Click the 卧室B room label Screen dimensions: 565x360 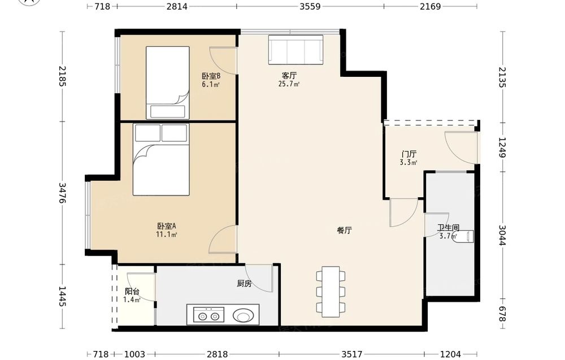pos(211,76)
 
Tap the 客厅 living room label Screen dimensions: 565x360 pos(289,76)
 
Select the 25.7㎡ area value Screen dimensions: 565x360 pos(289,84)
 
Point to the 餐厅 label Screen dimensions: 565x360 pos(344,230)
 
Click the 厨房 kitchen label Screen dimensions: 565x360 pos(244,284)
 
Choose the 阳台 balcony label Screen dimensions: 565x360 pos(132,292)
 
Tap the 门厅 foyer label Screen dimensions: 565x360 pos(408,154)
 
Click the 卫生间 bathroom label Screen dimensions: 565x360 pos(448,228)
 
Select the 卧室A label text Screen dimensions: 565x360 pos(166,226)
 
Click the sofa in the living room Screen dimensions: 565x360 pos(295,50)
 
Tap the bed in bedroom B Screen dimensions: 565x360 pos(168,83)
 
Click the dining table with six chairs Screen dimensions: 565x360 pos(331,292)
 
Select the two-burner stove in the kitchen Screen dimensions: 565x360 pos(208,315)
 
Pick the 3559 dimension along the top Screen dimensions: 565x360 pos(310,6)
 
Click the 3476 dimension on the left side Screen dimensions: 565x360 pos(63,193)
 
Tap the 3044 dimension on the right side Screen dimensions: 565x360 pos(502,235)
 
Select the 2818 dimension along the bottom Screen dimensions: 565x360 pos(218,354)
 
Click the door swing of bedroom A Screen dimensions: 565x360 pos(223,240)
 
